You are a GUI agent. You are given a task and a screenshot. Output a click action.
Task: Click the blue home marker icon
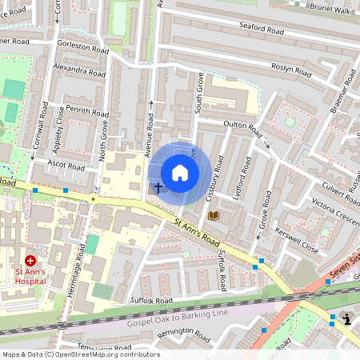coord(180,173)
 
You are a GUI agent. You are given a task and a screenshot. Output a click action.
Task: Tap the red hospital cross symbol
coord(30,261)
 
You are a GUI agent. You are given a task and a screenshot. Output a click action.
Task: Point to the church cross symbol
coord(158,189)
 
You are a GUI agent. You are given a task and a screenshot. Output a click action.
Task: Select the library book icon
coord(213,215)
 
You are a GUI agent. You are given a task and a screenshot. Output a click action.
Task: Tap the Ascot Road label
coord(66,167)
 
